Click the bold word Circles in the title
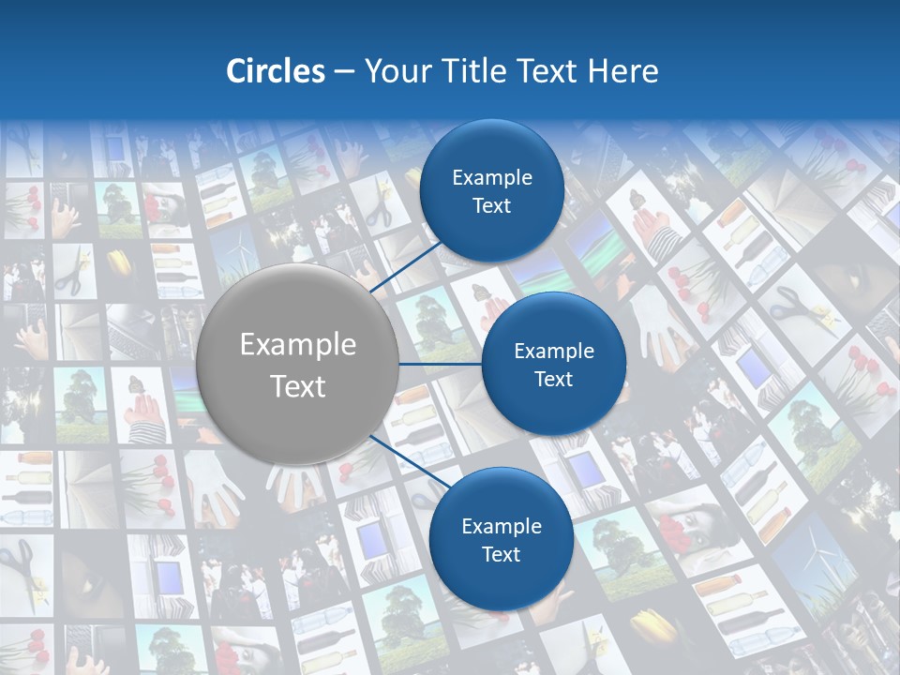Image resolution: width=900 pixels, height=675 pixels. click(x=275, y=71)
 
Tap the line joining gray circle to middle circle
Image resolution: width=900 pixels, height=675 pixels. click(x=441, y=364)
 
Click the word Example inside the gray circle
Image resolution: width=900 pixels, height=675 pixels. click(x=297, y=345)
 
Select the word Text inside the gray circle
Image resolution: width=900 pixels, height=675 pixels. click(x=297, y=386)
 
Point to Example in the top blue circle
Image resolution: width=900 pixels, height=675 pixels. click(x=491, y=177)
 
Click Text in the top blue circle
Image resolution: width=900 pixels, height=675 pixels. click(x=491, y=205)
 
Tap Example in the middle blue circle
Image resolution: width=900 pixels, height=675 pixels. click(x=553, y=351)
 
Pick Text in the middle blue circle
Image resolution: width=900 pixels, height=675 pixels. click(x=553, y=379)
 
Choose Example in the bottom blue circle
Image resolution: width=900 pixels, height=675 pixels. click(x=501, y=526)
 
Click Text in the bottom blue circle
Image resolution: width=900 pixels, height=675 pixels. click(x=501, y=554)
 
